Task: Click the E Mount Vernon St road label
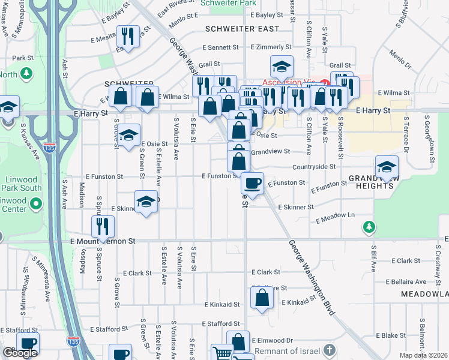(103, 241)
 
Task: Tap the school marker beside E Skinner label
(146, 203)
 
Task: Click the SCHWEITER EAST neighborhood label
(242, 29)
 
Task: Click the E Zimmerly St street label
(271, 47)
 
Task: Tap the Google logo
(20, 353)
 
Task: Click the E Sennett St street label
(220, 47)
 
